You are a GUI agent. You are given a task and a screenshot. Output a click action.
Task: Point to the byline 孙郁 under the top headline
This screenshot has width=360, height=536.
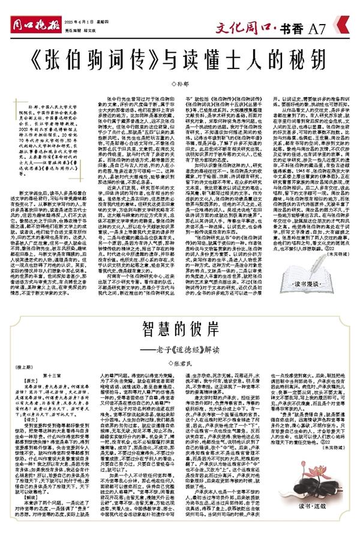(x=181, y=80)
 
